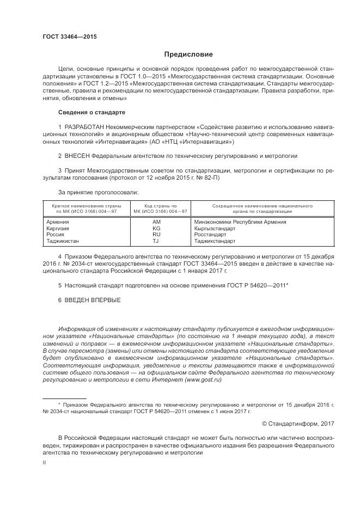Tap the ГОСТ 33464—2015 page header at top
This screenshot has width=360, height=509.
[x=70, y=36]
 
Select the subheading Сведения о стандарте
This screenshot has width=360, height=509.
[x=91, y=112]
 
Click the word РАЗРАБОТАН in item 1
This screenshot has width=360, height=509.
[x=84, y=127]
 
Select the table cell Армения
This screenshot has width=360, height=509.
[x=57, y=222]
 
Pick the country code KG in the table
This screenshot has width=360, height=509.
[x=157, y=228]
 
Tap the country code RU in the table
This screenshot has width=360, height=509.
[x=157, y=235]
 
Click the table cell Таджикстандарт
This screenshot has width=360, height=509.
[x=215, y=241]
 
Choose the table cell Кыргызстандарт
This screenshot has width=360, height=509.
[x=216, y=228]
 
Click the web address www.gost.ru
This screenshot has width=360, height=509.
[x=204, y=380]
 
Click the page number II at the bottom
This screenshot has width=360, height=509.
[x=45, y=462]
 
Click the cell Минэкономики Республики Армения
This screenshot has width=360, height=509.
[x=240, y=222]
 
